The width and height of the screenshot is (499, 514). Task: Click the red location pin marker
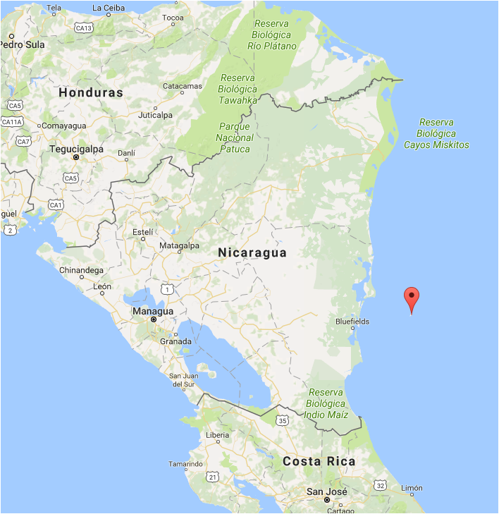(x=412, y=298)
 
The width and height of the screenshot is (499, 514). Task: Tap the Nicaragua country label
(x=252, y=252)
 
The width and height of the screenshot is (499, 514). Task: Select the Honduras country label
(x=91, y=92)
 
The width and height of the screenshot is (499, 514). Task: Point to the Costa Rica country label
(x=319, y=461)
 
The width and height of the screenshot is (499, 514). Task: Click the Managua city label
(x=153, y=311)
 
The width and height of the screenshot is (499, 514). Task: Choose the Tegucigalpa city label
(x=76, y=149)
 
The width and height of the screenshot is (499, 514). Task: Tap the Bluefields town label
(x=352, y=321)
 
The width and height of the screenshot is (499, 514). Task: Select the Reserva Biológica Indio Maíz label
(x=326, y=404)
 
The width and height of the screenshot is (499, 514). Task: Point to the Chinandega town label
(x=82, y=270)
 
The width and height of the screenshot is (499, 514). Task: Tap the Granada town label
(x=175, y=341)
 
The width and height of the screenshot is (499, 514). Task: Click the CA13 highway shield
(x=84, y=28)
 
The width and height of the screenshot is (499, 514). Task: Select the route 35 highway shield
(x=283, y=421)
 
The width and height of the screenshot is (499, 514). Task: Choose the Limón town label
(x=412, y=488)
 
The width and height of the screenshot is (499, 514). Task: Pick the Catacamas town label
(x=182, y=86)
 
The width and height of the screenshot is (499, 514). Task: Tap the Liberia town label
(x=217, y=435)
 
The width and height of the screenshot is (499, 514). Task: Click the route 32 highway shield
(x=381, y=486)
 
